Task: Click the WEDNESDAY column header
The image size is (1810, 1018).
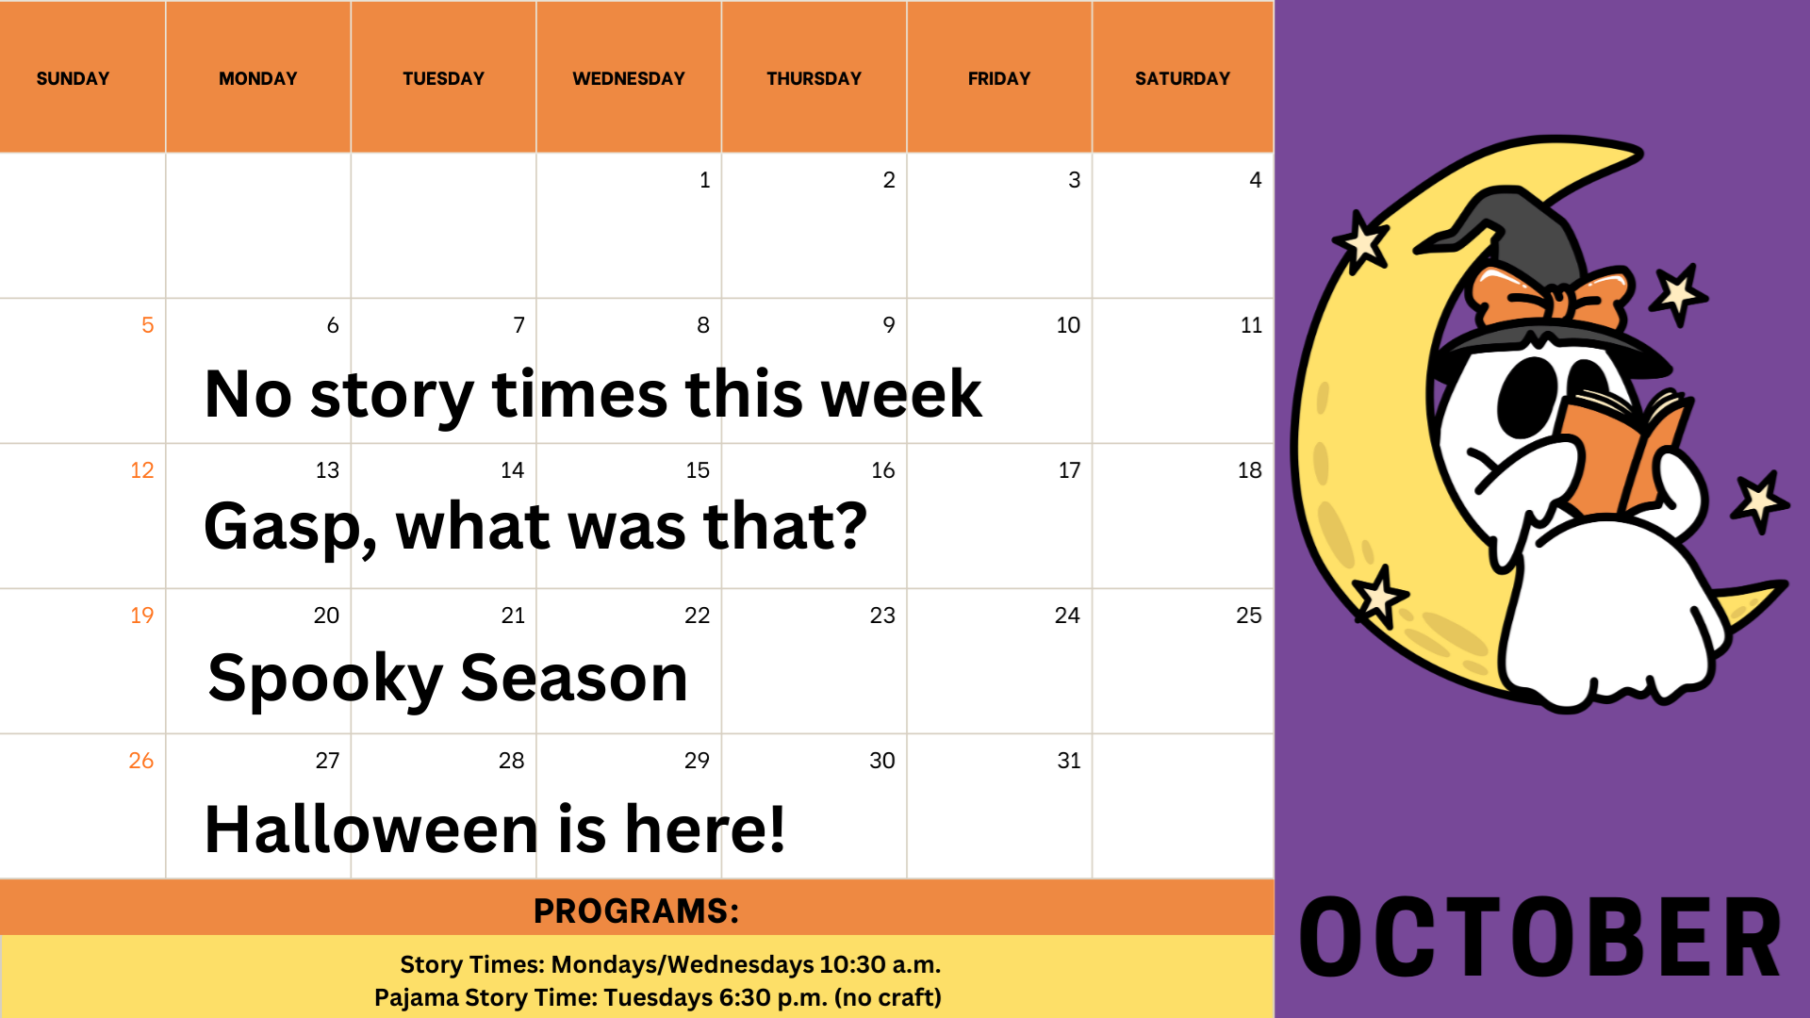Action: tap(629, 78)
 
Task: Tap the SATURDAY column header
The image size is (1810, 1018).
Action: tap(1182, 78)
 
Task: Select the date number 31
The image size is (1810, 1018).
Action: tap(1069, 761)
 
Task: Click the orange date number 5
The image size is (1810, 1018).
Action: tap(147, 325)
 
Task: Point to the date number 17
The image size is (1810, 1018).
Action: tap(1069, 470)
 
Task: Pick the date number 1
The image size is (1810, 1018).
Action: tap(704, 180)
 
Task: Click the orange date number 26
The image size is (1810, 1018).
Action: tap(141, 761)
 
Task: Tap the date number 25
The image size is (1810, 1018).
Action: tap(1249, 616)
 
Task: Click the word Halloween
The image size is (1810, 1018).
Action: tap(371, 829)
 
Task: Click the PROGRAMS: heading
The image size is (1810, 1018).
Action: tap(636, 911)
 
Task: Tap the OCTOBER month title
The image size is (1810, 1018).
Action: tap(1541, 937)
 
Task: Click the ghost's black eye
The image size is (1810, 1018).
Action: tap(1527, 397)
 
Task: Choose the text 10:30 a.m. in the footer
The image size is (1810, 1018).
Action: tap(880, 964)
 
